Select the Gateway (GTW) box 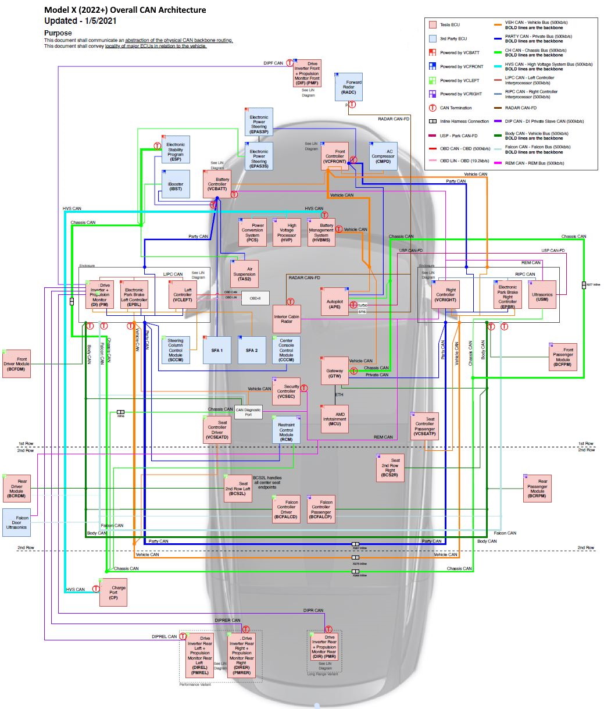(335, 370)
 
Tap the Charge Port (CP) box (113, 593)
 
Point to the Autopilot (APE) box (335, 302)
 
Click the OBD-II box (255, 298)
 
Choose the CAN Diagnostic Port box (248, 412)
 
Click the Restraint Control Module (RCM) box (287, 430)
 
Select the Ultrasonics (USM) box (542, 295)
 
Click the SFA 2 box (252, 350)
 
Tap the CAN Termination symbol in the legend (432, 108)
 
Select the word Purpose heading (58, 33)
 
